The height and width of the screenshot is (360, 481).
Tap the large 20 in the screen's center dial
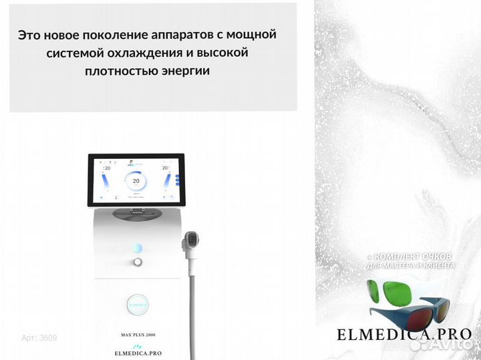point(136,181)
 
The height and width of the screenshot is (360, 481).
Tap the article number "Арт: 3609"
point(39,338)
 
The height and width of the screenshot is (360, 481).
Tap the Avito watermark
point(443,345)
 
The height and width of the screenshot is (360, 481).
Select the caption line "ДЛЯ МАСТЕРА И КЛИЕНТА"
point(410,266)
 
